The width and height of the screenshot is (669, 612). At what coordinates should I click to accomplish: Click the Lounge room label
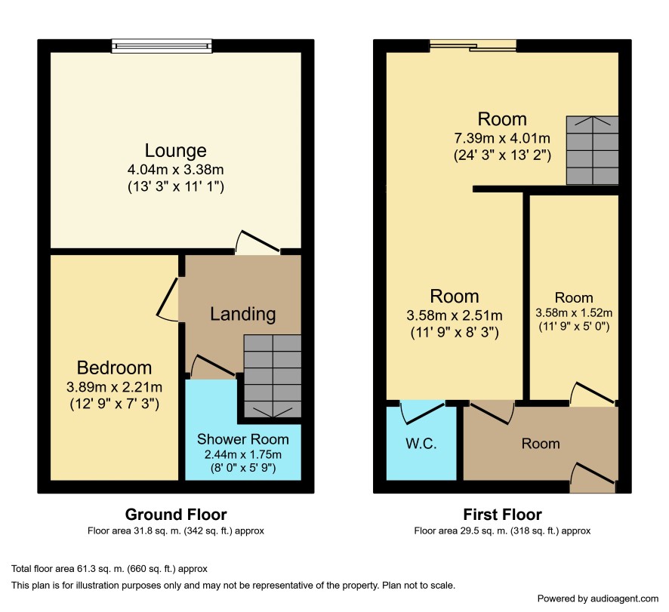pos(175,151)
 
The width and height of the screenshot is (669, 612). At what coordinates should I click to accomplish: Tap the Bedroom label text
pos(114,368)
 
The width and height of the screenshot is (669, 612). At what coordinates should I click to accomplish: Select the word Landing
pos(243,314)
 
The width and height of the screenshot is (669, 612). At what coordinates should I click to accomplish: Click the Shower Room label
pos(243,439)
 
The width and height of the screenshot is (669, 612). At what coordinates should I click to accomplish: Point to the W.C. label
pos(421,444)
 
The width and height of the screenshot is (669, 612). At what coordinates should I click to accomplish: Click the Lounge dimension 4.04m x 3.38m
pos(175,169)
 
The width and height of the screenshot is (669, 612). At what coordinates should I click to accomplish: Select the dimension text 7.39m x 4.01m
pos(501,138)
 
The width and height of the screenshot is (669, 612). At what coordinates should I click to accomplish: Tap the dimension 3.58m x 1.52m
pos(574,312)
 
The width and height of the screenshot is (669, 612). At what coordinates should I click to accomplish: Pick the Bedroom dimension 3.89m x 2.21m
pos(114,387)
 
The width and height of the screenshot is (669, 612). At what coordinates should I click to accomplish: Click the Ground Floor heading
pos(176,515)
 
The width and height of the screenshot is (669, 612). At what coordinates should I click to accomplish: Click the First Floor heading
pos(502,515)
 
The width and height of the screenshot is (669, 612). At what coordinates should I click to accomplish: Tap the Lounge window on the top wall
pos(162,45)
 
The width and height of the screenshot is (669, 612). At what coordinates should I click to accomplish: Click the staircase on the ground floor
pos(273,376)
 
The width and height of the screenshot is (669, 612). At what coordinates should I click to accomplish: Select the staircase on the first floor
pos(592,150)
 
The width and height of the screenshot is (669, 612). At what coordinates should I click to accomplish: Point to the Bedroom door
pos(168,299)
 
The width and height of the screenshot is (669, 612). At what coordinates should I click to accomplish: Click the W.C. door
pos(422,411)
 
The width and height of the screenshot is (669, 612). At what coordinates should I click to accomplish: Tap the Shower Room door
pos(212,366)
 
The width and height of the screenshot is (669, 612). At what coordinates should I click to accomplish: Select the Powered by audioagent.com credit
pos(598,598)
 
